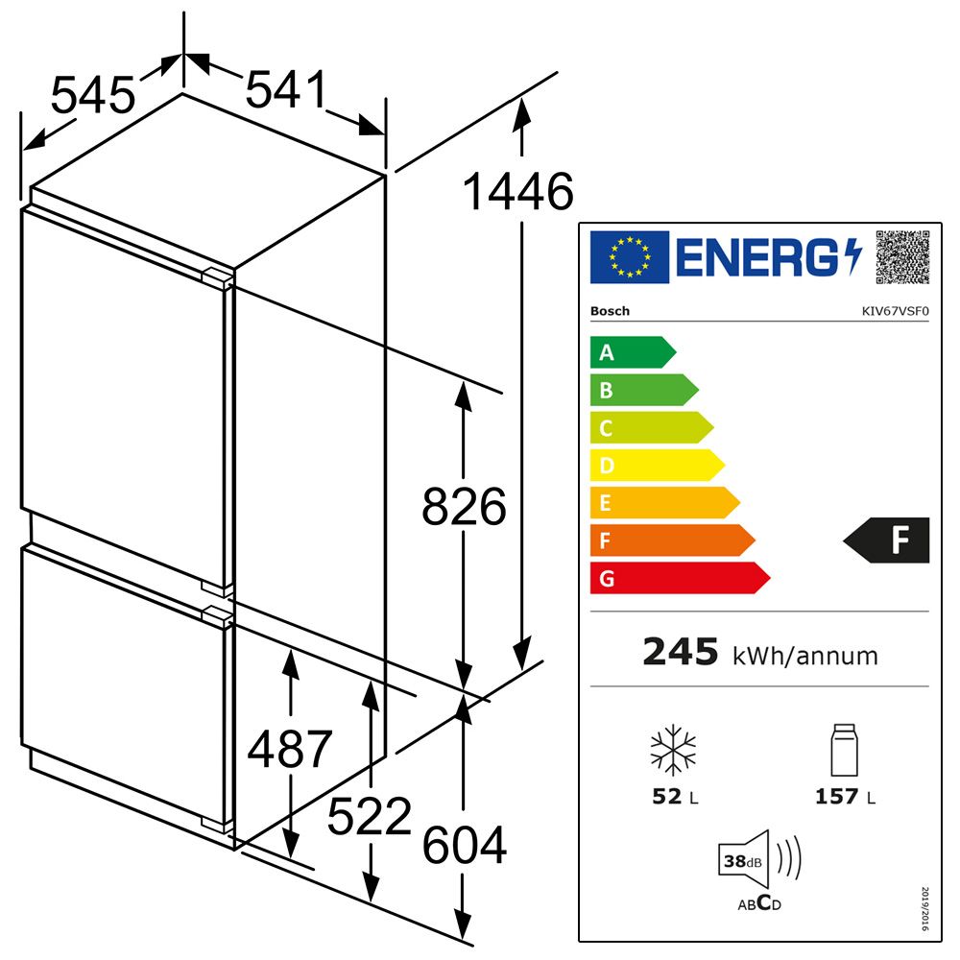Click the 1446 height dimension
518,192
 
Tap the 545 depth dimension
93,95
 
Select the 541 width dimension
286,89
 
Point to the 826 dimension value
464,506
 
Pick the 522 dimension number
370,816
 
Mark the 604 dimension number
465,845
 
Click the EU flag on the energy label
630,257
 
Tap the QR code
902,257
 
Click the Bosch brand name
610,311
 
